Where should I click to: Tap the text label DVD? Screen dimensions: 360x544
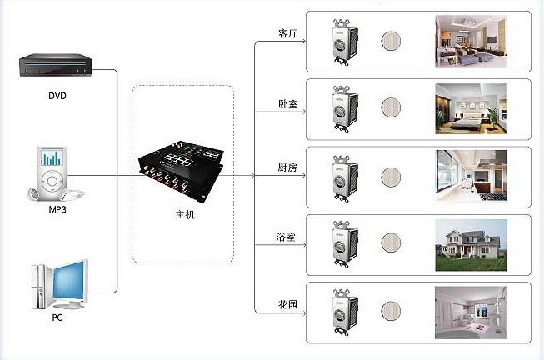(57, 96)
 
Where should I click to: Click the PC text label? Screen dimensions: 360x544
(57, 317)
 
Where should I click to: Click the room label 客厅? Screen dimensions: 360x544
(287, 34)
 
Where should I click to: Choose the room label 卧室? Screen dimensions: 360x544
(287, 104)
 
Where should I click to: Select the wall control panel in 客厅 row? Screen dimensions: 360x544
(342, 40)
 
